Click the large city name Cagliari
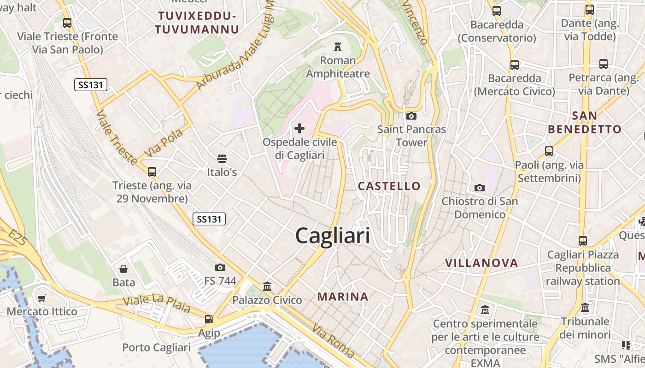click(x=332, y=236)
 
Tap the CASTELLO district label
click(x=389, y=186)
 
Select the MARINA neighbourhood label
click(x=343, y=297)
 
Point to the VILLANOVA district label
click(x=481, y=263)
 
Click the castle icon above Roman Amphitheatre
click(x=338, y=46)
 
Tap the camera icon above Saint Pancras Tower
click(x=411, y=116)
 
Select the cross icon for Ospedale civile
click(x=299, y=128)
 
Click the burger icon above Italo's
click(x=222, y=159)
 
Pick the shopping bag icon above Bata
click(x=123, y=269)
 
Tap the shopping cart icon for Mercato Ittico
click(x=42, y=298)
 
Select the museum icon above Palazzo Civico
click(x=267, y=287)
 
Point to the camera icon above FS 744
click(x=220, y=267)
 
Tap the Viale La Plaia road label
click(x=157, y=304)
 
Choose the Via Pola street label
click(x=163, y=143)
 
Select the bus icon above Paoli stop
click(x=549, y=151)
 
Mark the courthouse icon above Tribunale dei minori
click(x=585, y=307)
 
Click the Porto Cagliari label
click(x=156, y=347)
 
